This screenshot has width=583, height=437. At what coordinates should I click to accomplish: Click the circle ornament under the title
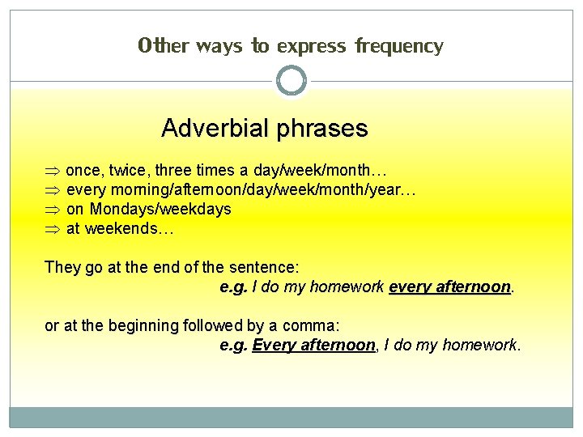(291, 81)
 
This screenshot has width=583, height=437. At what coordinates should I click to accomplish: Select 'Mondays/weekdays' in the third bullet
(160, 210)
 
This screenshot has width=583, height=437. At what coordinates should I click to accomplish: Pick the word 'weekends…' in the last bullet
(130, 229)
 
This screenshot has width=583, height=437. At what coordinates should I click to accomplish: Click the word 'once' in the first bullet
(83, 171)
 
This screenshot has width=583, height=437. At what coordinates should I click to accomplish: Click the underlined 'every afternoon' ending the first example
(450, 287)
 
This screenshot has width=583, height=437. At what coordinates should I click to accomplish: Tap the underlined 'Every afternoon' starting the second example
(314, 346)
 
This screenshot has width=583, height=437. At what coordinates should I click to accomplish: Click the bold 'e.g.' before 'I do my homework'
(234, 287)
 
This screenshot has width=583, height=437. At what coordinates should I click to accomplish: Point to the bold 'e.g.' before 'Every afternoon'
(234, 346)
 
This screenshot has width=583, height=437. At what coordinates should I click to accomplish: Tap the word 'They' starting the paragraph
(62, 268)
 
